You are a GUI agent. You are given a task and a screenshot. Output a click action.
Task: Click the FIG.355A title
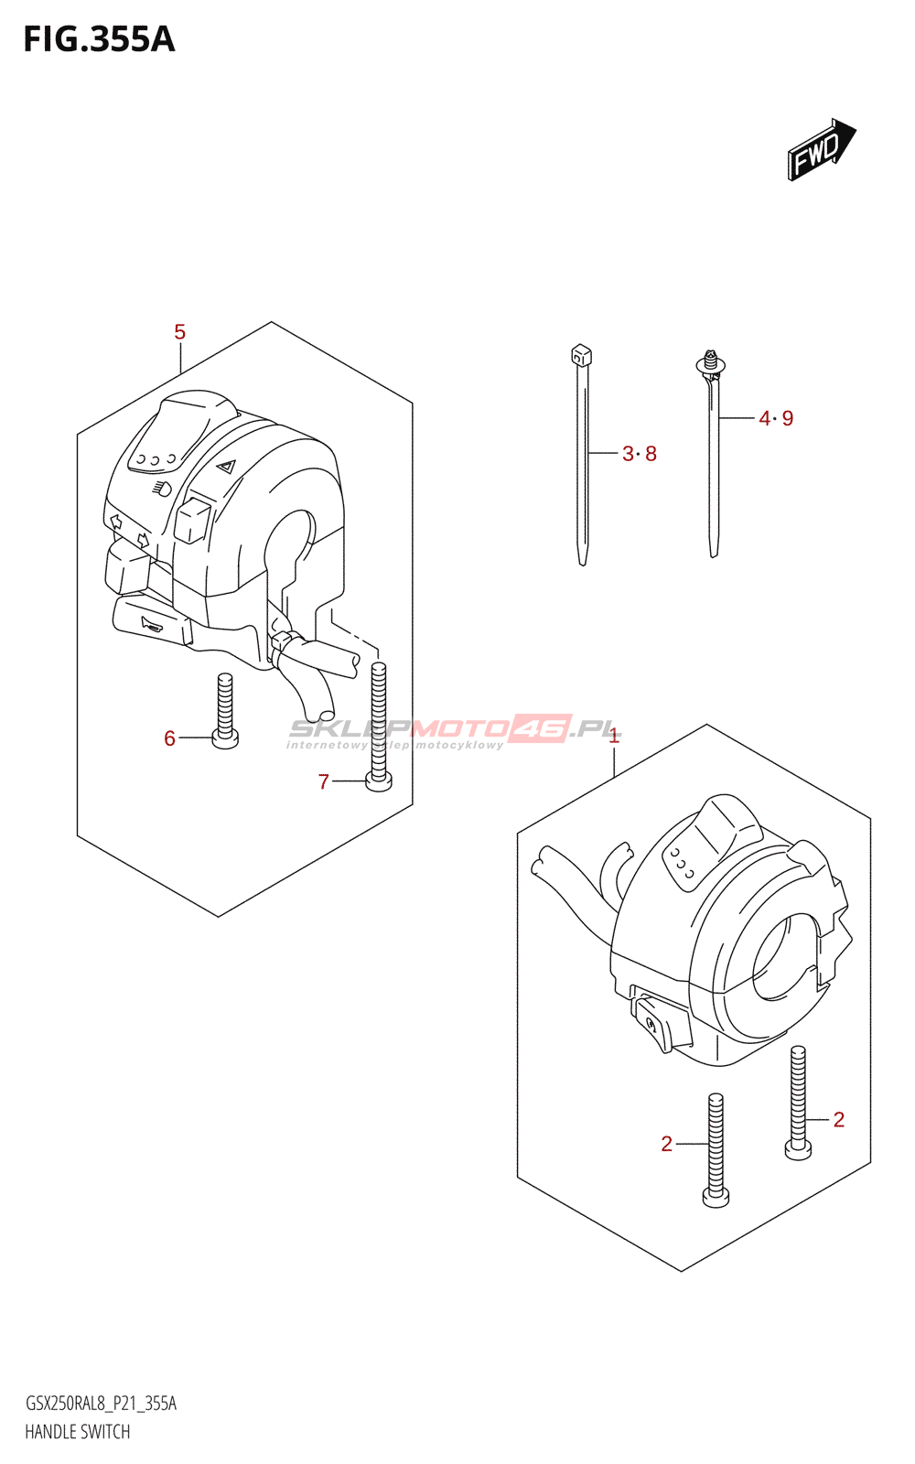(x=99, y=39)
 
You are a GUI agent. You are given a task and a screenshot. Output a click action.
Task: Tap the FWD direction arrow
(x=821, y=149)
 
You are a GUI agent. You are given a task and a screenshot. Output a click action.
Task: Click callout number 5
(x=179, y=332)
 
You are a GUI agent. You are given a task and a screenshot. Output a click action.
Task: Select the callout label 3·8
(x=640, y=454)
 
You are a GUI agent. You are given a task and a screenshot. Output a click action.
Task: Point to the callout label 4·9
(x=776, y=418)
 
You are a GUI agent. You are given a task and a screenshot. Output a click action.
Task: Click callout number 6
(x=169, y=738)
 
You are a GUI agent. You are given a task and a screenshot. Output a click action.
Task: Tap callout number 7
(x=323, y=781)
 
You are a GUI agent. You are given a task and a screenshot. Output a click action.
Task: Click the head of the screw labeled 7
(x=378, y=781)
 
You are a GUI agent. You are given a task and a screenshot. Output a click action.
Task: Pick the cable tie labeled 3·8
(x=582, y=457)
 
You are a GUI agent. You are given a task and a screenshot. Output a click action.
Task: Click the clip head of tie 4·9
(x=710, y=363)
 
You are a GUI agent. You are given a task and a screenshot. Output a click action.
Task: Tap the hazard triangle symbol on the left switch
(x=226, y=466)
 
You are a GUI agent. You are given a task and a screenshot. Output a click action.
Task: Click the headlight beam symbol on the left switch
(x=162, y=489)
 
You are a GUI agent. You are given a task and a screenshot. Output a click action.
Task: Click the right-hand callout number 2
(x=838, y=1119)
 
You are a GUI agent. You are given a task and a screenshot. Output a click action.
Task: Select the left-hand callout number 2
(x=666, y=1144)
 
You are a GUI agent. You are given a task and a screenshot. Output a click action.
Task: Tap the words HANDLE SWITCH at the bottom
(x=78, y=1432)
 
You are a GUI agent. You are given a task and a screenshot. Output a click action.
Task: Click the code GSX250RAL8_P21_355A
(x=101, y=1404)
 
